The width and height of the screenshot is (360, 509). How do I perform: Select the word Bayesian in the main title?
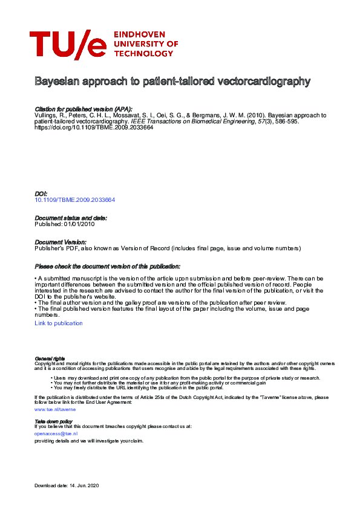[x=54, y=81]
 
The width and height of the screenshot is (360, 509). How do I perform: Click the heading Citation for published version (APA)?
[x=83, y=109]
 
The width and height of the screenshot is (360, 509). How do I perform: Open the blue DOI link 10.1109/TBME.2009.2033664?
[x=75, y=199]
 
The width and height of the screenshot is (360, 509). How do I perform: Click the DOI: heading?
[x=41, y=194]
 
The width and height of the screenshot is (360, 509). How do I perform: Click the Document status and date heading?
[x=71, y=218]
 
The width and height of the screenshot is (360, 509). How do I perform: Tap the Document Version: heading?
[x=60, y=242]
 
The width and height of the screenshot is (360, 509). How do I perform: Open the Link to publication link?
[x=59, y=323]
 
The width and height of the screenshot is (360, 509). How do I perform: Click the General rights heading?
[x=50, y=358]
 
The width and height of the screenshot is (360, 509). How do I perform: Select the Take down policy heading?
[x=53, y=421]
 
